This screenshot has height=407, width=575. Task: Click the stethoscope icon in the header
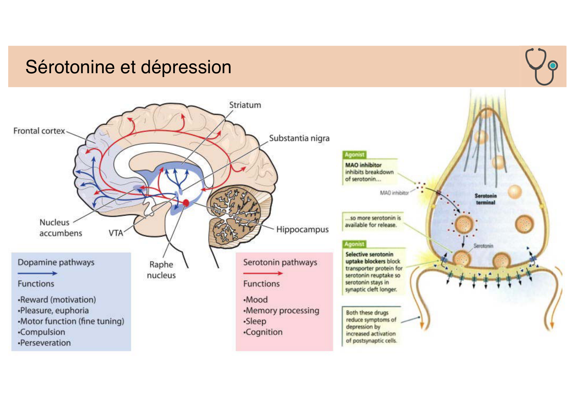(x=541, y=66)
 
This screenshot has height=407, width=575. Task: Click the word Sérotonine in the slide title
(x=71, y=67)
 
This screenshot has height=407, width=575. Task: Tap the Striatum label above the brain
(x=245, y=105)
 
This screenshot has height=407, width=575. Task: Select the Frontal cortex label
(x=39, y=131)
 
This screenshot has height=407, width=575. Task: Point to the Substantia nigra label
(x=299, y=138)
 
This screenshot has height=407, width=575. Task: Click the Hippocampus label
(x=302, y=229)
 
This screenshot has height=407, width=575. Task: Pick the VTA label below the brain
(x=116, y=233)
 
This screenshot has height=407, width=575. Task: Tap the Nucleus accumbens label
(x=60, y=228)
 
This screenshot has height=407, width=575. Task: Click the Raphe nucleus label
(x=161, y=270)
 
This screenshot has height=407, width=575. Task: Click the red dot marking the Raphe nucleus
(x=186, y=203)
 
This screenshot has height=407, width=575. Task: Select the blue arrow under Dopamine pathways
(x=37, y=273)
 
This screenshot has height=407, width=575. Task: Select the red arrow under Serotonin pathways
(x=263, y=273)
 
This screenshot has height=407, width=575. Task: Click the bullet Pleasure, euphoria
(x=54, y=311)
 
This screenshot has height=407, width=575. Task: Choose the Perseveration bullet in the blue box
(x=45, y=343)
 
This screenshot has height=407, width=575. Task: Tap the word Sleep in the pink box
(x=256, y=321)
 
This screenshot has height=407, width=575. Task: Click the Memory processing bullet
(x=282, y=311)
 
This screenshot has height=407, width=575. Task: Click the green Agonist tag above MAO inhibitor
(x=354, y=154)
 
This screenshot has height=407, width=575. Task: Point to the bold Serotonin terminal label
(x=486, y=199)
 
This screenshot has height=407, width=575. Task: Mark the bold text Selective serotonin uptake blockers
(x=369, y=258)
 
